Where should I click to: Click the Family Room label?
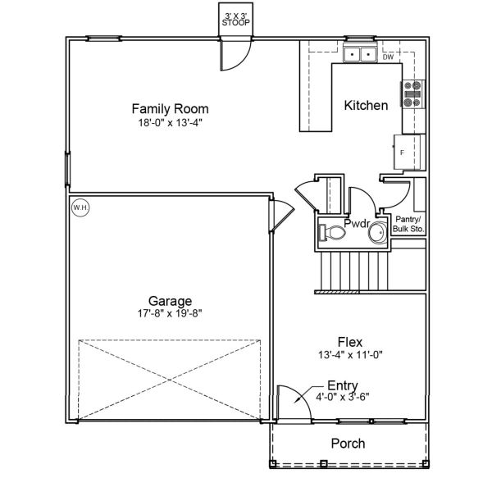coord(170,108)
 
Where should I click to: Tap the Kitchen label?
coord(366,105)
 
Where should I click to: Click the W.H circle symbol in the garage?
coord(80,207)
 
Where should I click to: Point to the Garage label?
coord(170,300)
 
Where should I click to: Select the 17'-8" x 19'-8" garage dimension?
coord(170,312)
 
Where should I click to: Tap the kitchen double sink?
coord(358,56)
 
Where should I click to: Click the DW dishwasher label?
coord(388,57)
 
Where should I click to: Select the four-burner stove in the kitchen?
coord(412,94)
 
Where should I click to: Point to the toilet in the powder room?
coord(332,233)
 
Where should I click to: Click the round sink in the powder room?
coord(378,235)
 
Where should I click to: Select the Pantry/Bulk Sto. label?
coord(409,224)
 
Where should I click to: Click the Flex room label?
coord(350,341)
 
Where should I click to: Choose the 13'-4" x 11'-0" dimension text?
coord(350,354)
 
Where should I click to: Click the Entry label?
coord(342,385)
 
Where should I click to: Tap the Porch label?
coord(348,444)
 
